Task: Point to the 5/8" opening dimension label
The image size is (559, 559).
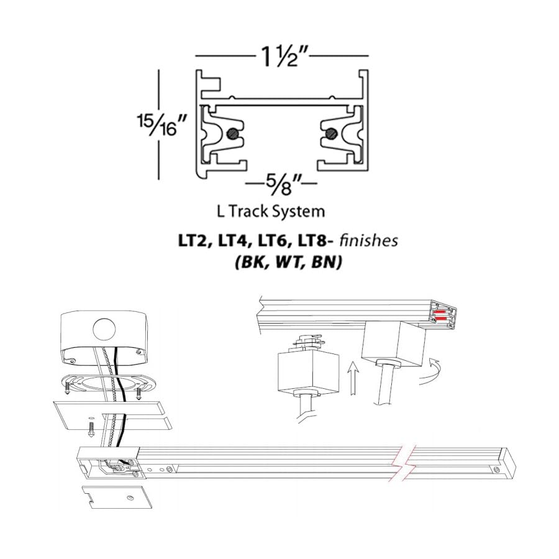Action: pos(283,183)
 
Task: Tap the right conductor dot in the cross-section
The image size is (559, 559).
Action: pos(332,133)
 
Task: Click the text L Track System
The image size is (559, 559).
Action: pos(271,211)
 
